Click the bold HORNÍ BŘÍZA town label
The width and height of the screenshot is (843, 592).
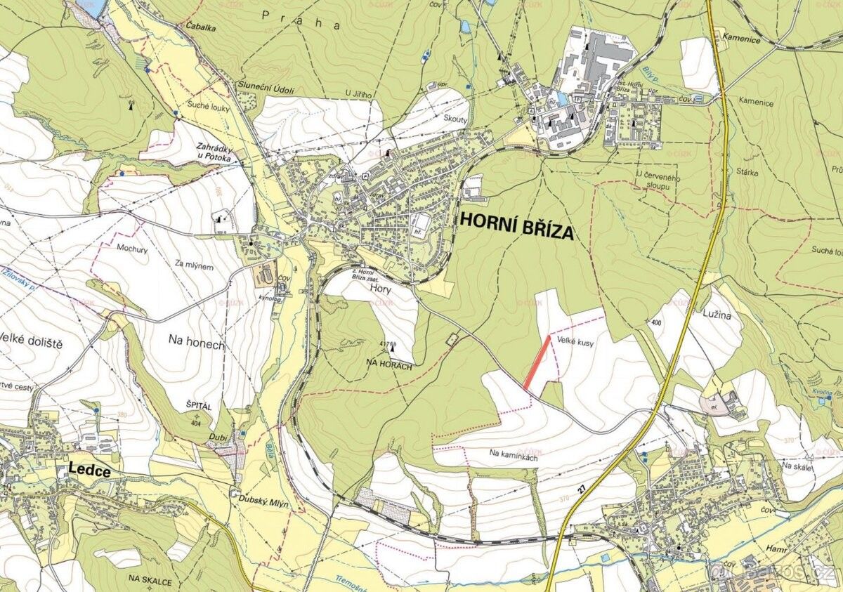pos(516,226)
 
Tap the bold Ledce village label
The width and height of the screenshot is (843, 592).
pos(90,471)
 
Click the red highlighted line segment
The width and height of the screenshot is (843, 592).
pos(537,362)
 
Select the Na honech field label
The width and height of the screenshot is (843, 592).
pos(196,342)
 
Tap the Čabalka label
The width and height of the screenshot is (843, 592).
pos(201,25)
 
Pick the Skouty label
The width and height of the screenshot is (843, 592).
pos(456,119)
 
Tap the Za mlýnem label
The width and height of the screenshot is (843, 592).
pos(194,266)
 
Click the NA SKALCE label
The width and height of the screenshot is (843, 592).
pos(150,579)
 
